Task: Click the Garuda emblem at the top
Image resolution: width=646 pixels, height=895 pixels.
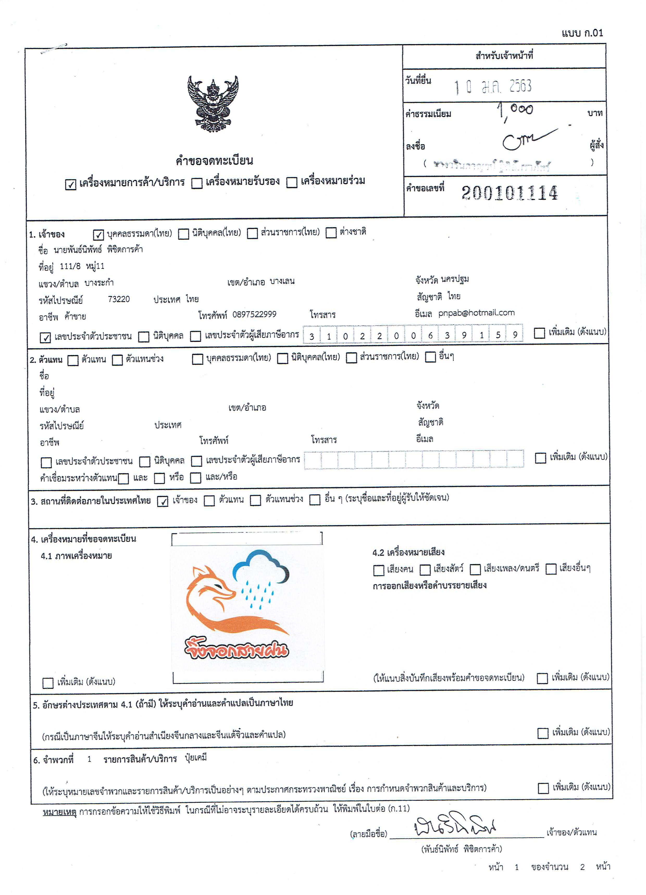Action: click(213, 104)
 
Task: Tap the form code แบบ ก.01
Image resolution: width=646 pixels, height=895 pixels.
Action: click(582, 33)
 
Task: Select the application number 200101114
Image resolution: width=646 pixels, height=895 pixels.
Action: click(509, 193)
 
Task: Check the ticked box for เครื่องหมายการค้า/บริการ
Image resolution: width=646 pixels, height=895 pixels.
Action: click(71, 184)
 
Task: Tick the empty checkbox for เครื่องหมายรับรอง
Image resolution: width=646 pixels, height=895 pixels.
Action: click(197, 183)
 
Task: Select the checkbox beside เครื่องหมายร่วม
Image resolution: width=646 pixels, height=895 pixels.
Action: click(291, 182)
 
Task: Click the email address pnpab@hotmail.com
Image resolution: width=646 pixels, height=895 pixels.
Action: click(476, 313)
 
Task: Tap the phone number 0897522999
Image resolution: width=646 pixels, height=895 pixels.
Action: click(254, 314)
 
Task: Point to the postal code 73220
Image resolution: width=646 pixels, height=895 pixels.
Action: click(119, 299)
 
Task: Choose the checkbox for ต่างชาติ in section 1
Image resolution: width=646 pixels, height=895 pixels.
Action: click(331, 233)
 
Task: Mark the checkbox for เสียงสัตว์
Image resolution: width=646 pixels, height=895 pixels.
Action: click(425, 570)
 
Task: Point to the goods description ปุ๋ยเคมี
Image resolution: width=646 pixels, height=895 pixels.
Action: click(196, 758)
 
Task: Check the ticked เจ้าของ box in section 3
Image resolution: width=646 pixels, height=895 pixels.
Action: click(163, 501)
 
